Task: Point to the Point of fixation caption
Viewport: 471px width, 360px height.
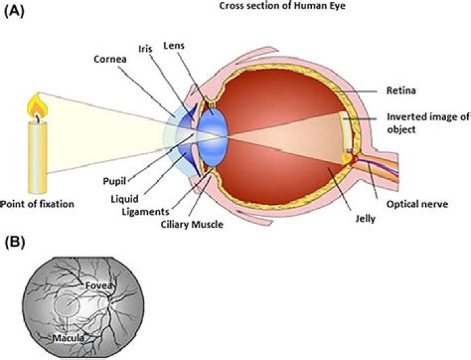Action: (x=39, y=204)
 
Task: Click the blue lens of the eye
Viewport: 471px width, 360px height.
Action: (x=213, y=131)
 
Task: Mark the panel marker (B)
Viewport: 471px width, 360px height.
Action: (x=14, y=242)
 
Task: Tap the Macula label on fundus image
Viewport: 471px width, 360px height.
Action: (x=67, y=338)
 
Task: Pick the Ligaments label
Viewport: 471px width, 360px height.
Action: (x=146, y=212)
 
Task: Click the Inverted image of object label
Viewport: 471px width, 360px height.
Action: (x=428, y=123)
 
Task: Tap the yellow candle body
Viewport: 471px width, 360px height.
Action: (x=38, y=157)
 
